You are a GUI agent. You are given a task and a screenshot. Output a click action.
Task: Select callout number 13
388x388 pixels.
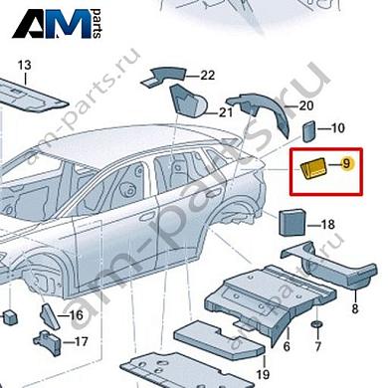25,65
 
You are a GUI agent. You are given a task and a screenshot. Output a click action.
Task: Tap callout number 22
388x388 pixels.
207,76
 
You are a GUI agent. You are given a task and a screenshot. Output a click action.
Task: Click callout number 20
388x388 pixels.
306,105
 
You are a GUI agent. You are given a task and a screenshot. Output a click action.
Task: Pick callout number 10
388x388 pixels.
337,127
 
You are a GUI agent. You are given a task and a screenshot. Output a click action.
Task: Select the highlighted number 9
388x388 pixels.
347,163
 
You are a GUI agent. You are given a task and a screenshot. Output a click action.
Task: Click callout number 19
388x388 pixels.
263,373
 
